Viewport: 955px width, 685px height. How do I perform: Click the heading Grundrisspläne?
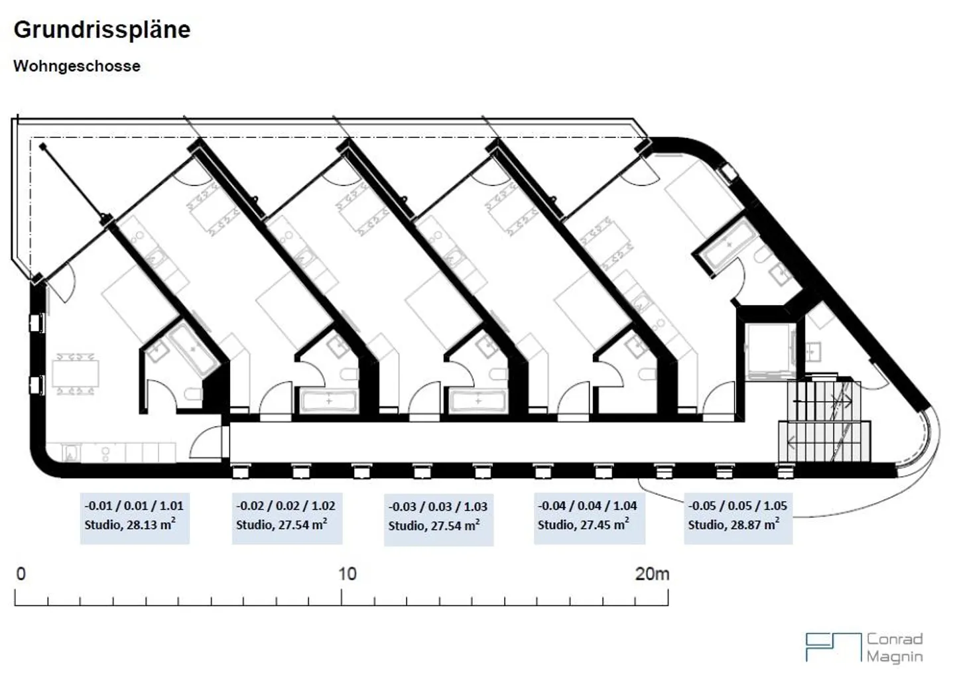tap(102, 30)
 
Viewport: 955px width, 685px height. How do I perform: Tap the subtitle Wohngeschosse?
tap(77, 66)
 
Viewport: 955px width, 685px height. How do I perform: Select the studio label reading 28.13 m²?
tap(130, 525)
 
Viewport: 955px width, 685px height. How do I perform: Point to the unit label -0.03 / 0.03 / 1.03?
tap(438, 507)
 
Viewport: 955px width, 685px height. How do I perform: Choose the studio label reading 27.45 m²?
tap(584, 525)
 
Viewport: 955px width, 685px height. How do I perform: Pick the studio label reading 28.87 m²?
tap(733, 525)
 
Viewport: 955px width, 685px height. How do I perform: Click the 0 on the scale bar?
tap(21, 574)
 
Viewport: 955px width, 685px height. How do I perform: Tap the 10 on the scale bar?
tap(348, 574)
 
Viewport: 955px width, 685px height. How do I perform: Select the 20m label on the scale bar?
tap(652, 574)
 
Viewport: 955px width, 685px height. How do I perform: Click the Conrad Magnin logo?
tap(864, 648)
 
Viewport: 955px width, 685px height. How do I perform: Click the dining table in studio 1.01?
tap(76, 373)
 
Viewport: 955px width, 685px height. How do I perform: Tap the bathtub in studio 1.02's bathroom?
tap(329, 401)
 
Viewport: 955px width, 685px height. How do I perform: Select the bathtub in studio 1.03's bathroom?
tap(478, 401)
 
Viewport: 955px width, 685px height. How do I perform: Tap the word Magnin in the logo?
tap(895, 656)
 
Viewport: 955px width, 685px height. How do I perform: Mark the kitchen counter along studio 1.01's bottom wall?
tap(119, 453)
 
